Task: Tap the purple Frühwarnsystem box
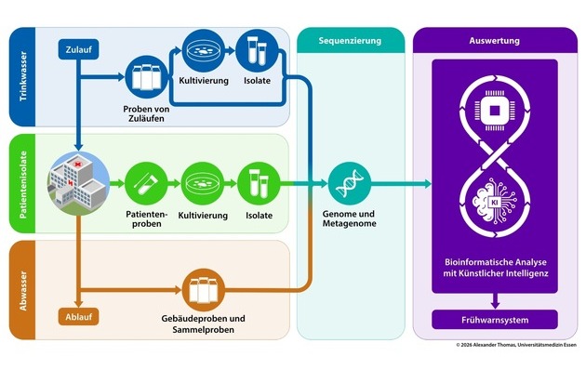(x=494, y=320)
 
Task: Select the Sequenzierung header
(x=351, y=41)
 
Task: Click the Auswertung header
(x=494, y=41)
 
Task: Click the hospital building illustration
(x=79, y=179)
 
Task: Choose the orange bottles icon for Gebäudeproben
(x=206, y=291)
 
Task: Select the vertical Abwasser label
(x=20, y=289)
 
